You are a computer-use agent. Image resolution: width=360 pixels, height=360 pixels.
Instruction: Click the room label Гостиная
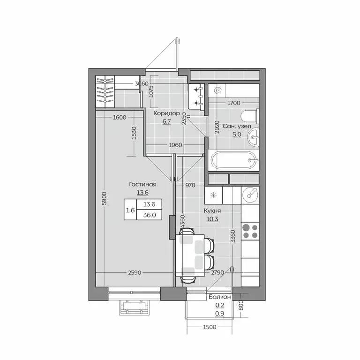pyautogui.click(x=142, y=184)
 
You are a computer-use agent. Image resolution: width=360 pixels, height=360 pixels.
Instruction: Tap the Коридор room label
pyautogui.click(x=166, y=113)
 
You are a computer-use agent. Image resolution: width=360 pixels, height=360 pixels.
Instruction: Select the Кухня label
pyautogui.click(x=212, y=211)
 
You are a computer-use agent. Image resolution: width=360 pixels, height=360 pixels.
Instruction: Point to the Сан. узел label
pyautogui.click(x=237, y=126)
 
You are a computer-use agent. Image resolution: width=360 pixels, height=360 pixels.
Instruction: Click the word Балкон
pyautogui.click(x=219, y=297)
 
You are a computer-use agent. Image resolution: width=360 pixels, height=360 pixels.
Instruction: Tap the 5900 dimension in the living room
pyautogui.click(x=104, y=198)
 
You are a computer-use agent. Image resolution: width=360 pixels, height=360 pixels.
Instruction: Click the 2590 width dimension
pyautogui.click(x=135, y=272)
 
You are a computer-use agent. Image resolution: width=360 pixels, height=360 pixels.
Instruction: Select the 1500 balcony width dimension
pyautogui.click(x=210, y=327)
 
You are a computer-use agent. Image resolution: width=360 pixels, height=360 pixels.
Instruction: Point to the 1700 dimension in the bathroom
pyautogui.click(x=234, y=103)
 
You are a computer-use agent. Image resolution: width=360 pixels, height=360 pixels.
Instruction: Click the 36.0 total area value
pyautogui.click(x=150, y=215)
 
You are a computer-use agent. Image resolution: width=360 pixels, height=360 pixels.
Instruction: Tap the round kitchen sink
pyautogui.click(x=250, y=195)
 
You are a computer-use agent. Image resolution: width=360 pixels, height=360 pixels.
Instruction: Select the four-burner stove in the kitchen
pyautogui.click(x=250, y=231)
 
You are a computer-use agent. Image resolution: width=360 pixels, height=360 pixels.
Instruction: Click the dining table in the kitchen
pyautogui.click(x=190, y=255)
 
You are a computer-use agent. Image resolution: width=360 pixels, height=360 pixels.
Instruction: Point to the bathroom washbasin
pyautogui.click(x=253, y=137)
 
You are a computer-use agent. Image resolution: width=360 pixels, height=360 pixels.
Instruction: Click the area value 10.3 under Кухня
pyautogui.click(x=212, y=219)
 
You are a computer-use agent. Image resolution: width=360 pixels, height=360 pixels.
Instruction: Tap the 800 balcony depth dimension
pyautogui.click(x=240, y=305)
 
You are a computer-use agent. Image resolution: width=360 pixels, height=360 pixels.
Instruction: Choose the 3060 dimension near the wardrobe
pyautogui.click(x=142, y=83)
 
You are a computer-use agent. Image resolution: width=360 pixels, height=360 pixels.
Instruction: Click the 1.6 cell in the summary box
pyautogui.click(x=130, y=210)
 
